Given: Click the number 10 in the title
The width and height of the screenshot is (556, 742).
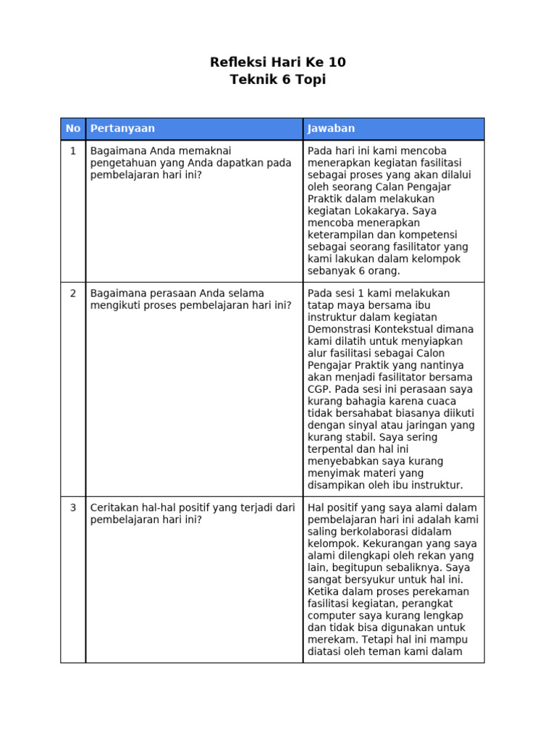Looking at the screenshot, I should pyautogui.click(x=335, y=62).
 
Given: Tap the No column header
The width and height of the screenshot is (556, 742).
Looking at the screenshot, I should pyautogui.click(x=73, y=128).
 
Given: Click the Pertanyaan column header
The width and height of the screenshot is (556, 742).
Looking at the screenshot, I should pyautogui.click(x=122, y=128).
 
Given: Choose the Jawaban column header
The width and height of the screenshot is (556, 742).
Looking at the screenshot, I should pyautogui.click(x=332, y=128).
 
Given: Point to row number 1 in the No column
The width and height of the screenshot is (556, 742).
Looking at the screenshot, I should pyautogui.click(x=73, y=151).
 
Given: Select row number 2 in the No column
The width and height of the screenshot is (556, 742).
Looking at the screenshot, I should pyautogui.click(x=73, y=293).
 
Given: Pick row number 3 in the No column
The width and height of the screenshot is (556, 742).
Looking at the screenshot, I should pyautogui.click(x=73, y=508).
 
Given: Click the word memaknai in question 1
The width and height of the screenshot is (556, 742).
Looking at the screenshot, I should pyautogui.click(x=206, y=151).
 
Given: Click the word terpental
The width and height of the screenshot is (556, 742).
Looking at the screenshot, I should pyautogui.click(x=332, y=449).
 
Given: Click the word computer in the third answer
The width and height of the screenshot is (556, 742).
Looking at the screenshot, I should pyautogui.click(x=332, y=615).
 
